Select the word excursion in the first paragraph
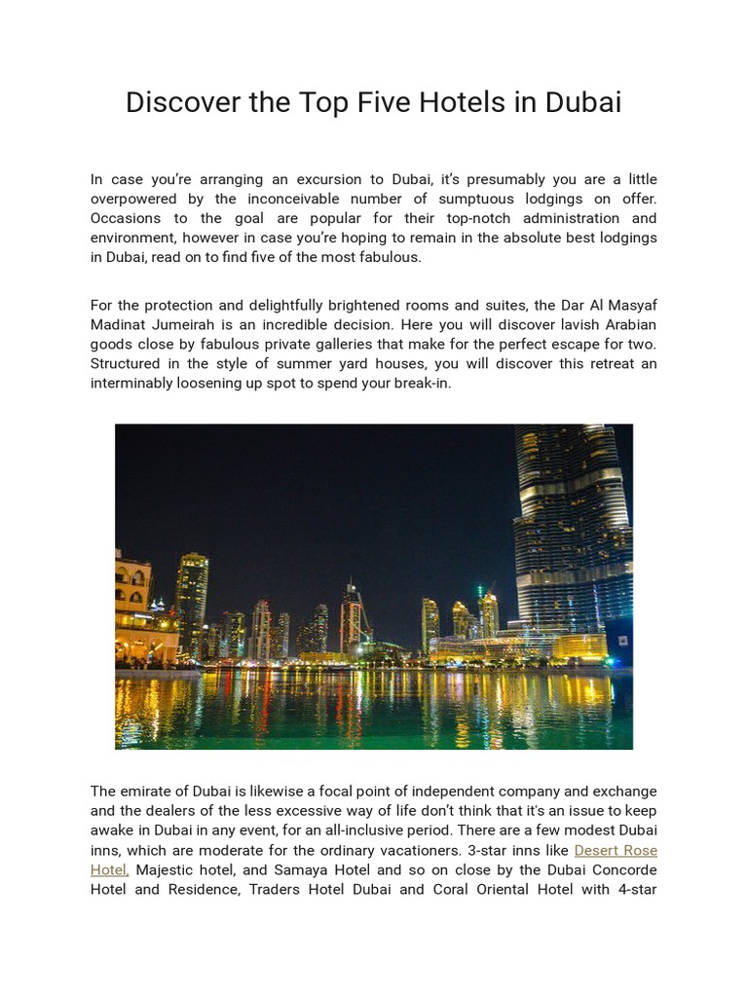pos(309,179)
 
